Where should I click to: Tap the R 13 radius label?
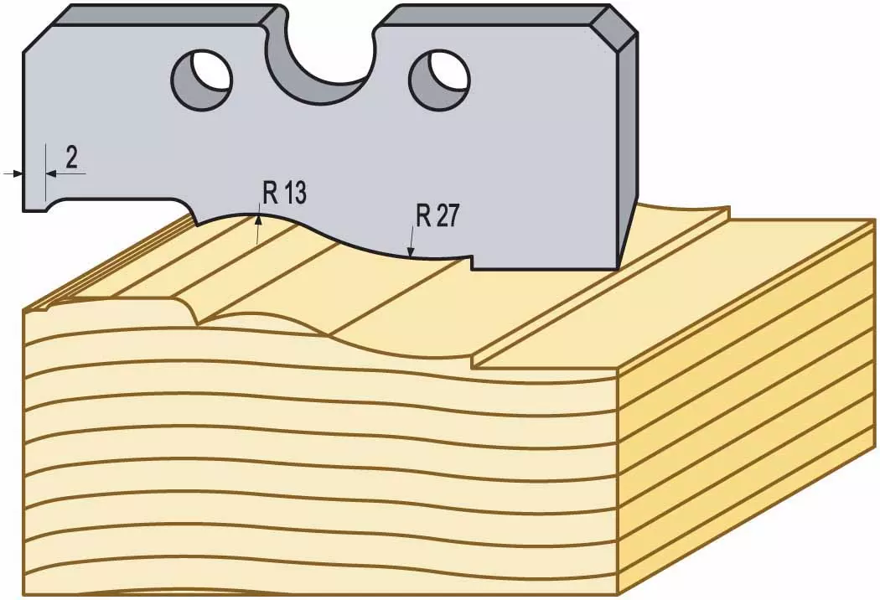click(285, 194)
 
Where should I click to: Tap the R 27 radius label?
click(437, 215)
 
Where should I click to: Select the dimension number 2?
click(71, 158)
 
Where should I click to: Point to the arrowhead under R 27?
click(412, 252)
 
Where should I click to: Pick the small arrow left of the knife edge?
click(13, 174)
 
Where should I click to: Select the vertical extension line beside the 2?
click(45, 172)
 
